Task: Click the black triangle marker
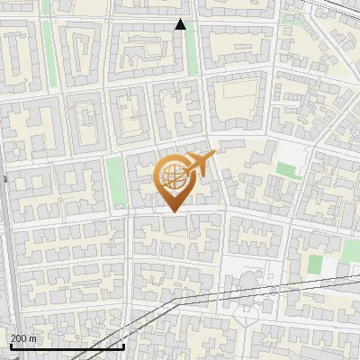point(181,24)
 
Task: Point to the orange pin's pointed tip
point(172,211)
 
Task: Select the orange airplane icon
point(201,164)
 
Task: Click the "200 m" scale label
point(24,338)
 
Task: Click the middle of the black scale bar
point(67,346)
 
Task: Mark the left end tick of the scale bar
point(10,346)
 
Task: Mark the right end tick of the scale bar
point(123,346)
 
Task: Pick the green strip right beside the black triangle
point(192,49)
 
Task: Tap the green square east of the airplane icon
point(288,169)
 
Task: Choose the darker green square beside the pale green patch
point(315,264)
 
